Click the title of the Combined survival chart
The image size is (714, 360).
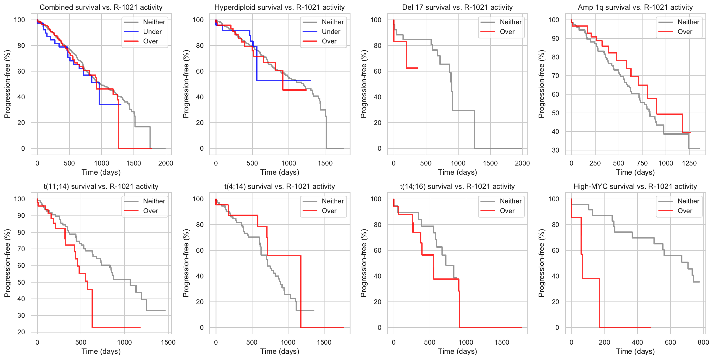point(101,7)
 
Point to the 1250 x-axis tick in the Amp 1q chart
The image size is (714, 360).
point(689,163)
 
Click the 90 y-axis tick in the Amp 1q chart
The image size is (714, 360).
point(555,38)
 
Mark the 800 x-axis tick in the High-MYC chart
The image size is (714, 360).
point(703,342)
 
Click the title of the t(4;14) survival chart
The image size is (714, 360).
point(279,187)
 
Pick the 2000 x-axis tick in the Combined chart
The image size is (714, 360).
point(166,163)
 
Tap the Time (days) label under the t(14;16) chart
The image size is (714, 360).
point(457,351)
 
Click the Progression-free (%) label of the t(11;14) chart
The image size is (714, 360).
point(7,263)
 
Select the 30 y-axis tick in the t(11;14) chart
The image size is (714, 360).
point(21,315)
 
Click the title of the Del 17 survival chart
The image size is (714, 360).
point(457,7)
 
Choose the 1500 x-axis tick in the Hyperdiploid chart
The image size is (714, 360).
point(325,163)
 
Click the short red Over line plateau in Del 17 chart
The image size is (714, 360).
point(412,68)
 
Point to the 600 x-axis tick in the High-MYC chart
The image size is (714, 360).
point(670,342)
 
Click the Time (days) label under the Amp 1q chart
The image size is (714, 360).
point(635,172)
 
